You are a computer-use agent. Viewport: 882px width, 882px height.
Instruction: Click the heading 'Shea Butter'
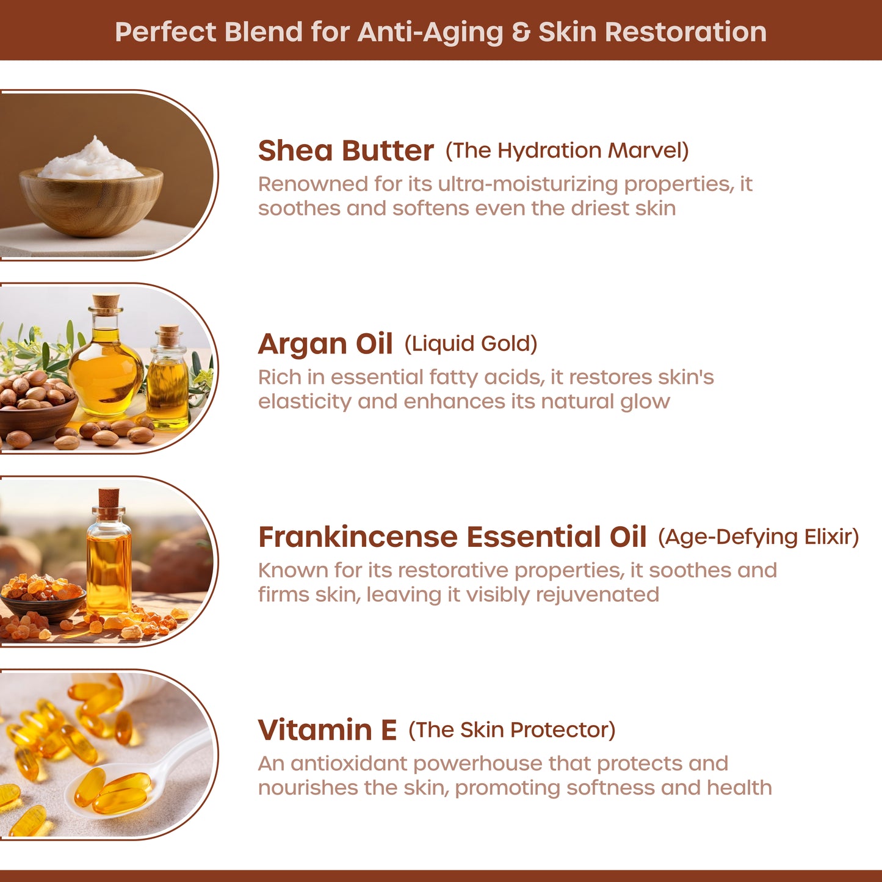(x=345, y=151)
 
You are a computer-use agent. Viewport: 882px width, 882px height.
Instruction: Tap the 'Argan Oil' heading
(x=325, y=344)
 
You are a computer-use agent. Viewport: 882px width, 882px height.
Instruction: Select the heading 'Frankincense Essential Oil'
(x=452, y=537)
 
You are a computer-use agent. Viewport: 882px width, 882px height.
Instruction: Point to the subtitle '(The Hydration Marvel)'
(x=567, y=151)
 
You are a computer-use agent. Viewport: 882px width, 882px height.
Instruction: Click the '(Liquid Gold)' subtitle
(x=471, y=344)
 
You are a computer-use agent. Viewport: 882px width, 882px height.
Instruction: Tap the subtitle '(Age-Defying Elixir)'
(x=759, y=537)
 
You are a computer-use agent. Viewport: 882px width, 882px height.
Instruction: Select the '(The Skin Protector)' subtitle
(x=511, y=730)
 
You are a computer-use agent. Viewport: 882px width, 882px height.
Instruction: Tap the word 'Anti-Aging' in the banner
(x=430, y=33)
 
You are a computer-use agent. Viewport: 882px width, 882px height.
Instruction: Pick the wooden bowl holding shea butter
(x=91, y=201)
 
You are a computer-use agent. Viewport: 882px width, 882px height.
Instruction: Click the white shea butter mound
(x=92, y=159)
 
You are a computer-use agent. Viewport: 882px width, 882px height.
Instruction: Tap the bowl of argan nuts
(x=37, y=414)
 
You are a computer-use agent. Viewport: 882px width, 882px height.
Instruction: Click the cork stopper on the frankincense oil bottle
(x=109, y=497)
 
